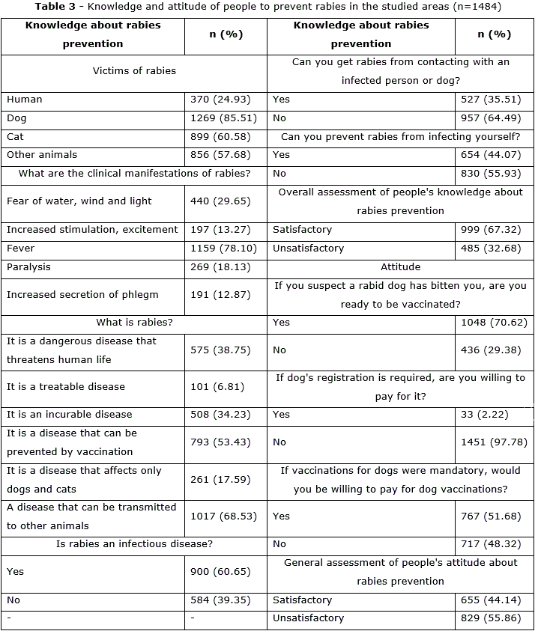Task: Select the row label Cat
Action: tap(15, 137)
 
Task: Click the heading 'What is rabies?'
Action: tap(135, 323)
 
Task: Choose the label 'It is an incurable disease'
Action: tap(69, 415)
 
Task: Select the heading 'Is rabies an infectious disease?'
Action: tap(135, 544)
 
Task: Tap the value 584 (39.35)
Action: tap(223, 600)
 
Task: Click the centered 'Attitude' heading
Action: tap(400, 266)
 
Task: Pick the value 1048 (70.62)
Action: tap(495, 323)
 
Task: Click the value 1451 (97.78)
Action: tap(495, 442)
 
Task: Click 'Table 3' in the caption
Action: tap(55, 7)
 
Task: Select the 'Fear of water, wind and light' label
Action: tap(79, 201)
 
